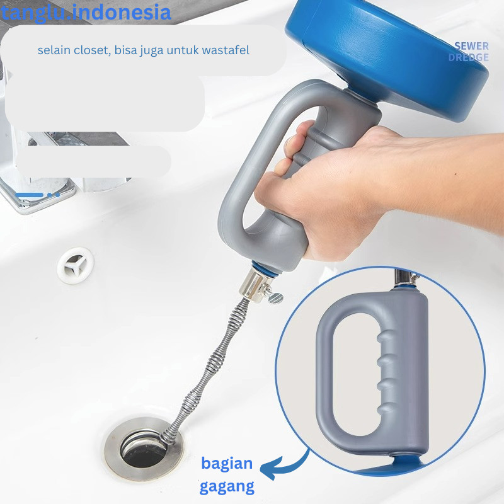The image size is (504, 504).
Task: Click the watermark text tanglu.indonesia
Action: (86, 13)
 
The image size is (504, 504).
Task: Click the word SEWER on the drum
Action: (471, 46)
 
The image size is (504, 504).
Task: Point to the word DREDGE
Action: (468, 57)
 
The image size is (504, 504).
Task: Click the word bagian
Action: (227, 464)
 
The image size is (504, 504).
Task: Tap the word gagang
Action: (227, 486)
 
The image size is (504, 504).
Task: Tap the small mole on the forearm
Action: (455, 175)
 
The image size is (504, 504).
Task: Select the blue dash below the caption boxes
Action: (29, 195)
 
